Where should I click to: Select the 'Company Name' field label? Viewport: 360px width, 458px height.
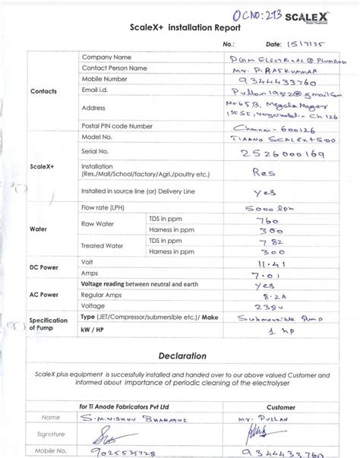click(x=106, y=57)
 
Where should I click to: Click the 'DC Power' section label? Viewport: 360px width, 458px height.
click(x=43, y=267)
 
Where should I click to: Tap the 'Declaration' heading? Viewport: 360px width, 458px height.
click(x=182, y=355)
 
